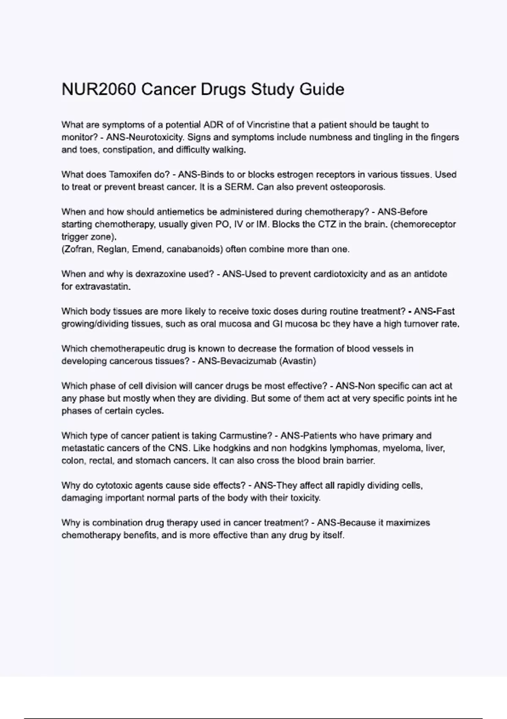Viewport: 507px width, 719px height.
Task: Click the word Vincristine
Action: pyautogui.click(x=268, y=125)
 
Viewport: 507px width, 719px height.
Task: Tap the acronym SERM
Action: pyautogui.click(x=240, y=187)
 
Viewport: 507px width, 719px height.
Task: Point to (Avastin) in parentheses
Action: pyautogui.click(x=298, y=361)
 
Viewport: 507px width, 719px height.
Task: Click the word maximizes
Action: pyautogui.click(x=408, y=523)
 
